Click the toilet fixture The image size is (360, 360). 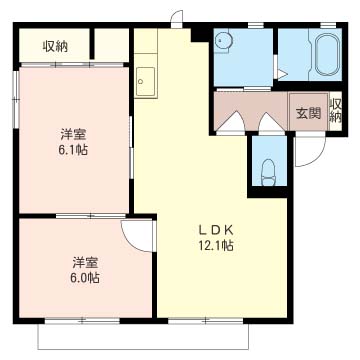(268, 172)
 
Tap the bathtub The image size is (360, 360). (328, 55)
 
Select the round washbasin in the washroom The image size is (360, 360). (223, 41)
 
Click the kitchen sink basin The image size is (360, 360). (146, 81)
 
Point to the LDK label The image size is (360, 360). (216, 229)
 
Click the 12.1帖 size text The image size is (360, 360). (216, 246)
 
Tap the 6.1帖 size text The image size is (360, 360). (73, 150)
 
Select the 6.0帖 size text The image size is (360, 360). (85, 278)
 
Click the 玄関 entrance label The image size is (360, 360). (309, 114)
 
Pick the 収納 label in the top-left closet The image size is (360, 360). (55, 47)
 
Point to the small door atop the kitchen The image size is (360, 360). (177, 19)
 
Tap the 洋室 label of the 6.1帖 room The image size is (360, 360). (73, 134)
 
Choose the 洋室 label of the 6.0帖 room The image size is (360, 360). (85, 262)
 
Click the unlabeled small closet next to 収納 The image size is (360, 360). (112, 45)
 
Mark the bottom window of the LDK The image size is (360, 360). (206, 321)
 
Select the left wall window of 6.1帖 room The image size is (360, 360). (15, 99)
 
